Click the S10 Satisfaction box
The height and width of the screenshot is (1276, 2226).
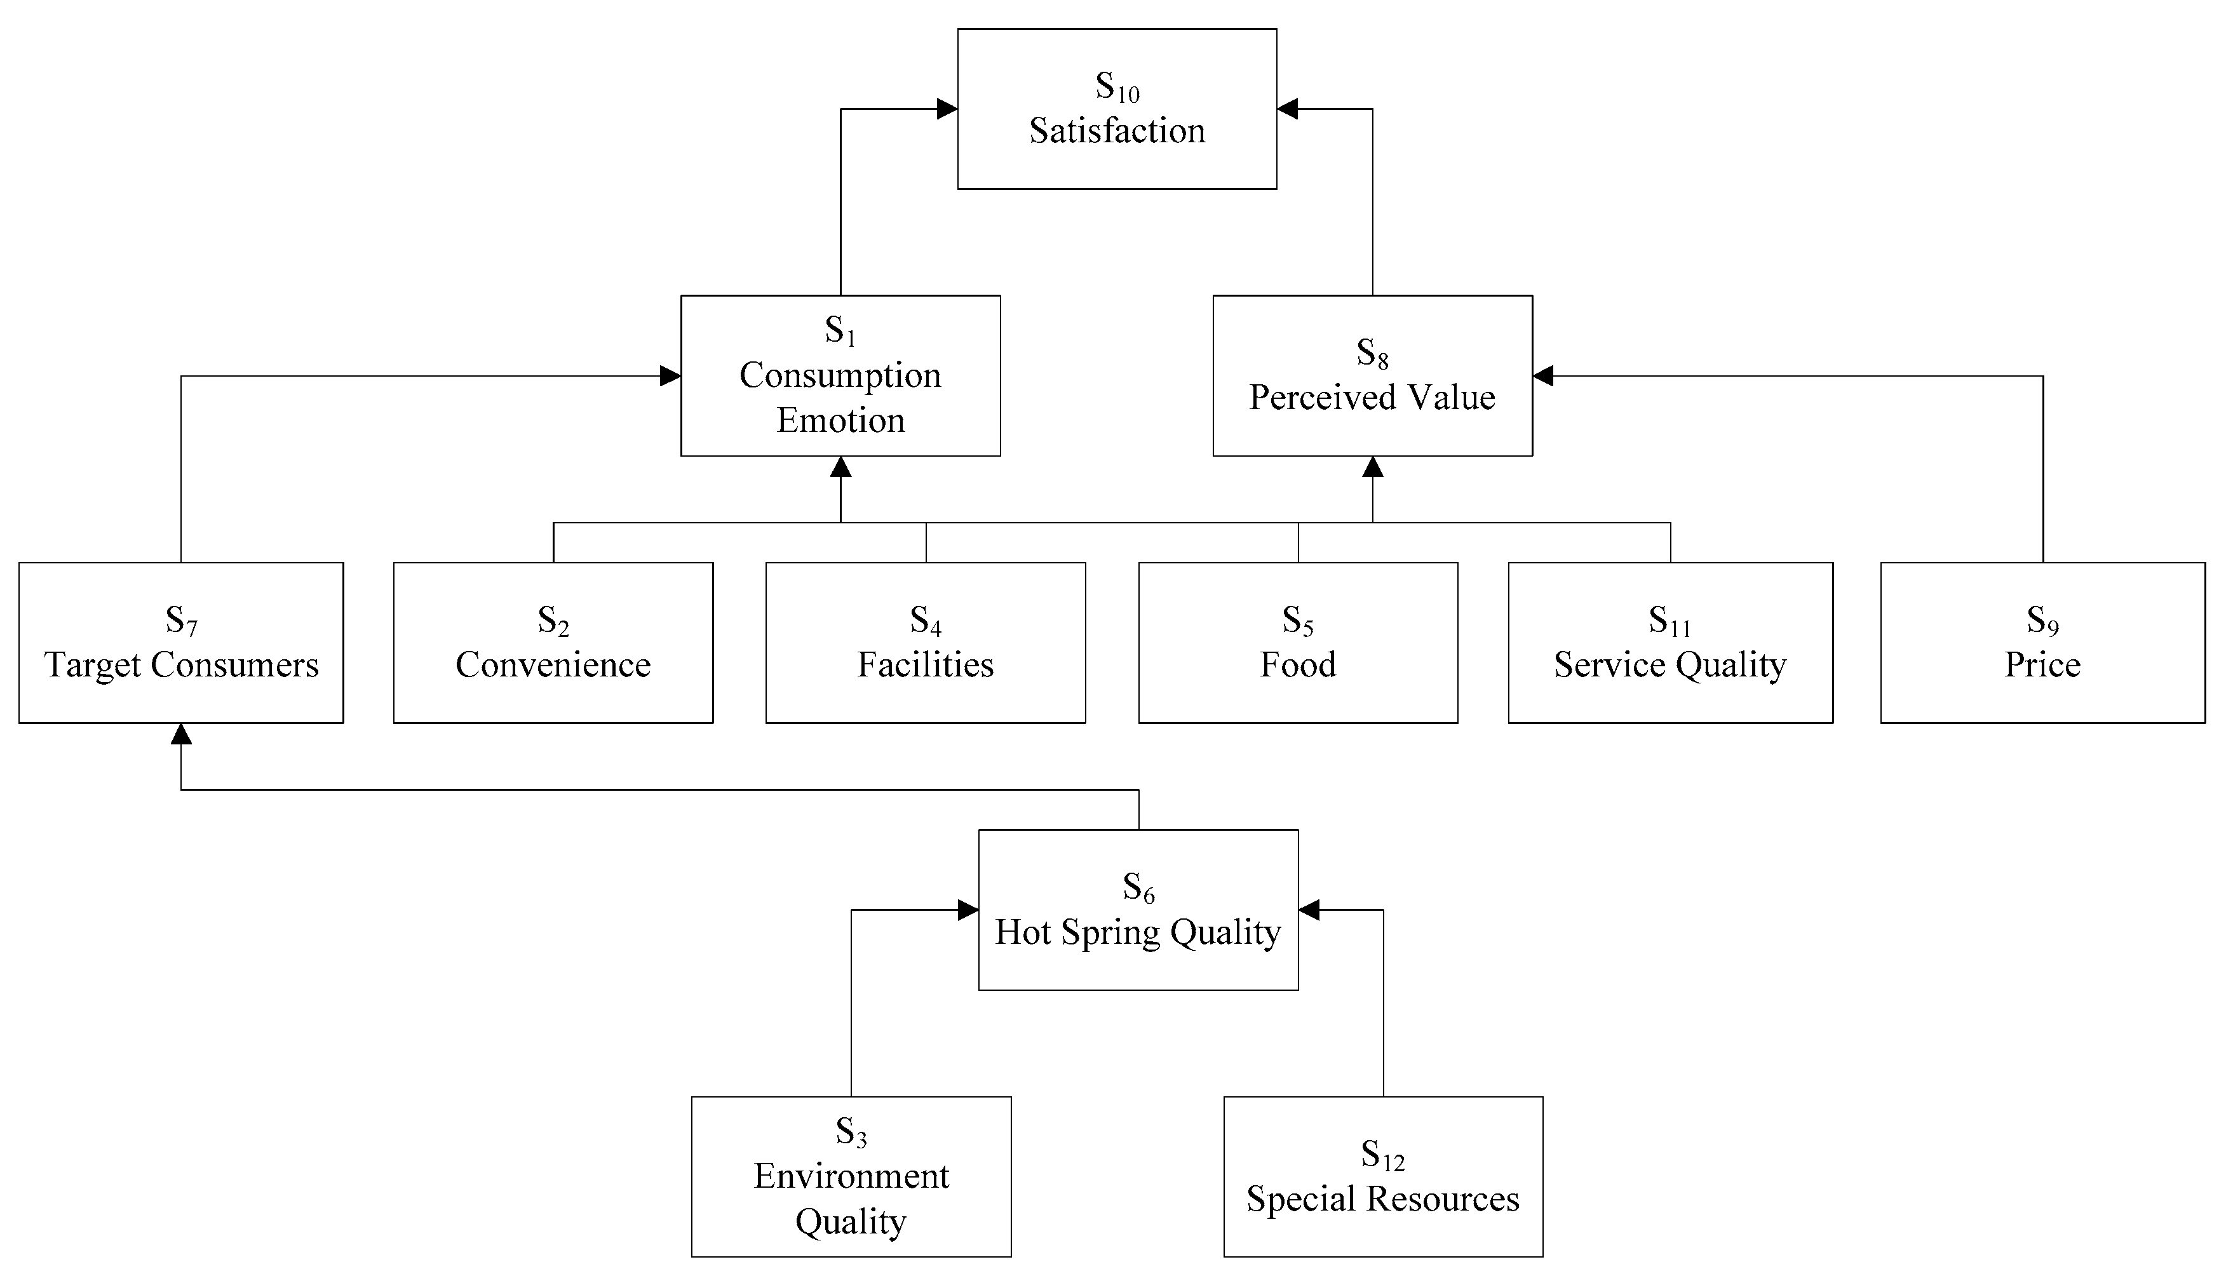click(x=1117, y=109)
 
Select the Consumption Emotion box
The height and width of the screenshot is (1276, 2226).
click(x=840, y=375)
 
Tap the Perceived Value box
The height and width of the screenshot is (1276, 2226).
click(x=1372, y=375)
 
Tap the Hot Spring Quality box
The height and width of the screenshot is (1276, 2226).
click(x=1138, y=910)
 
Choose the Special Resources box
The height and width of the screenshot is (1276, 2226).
click(x=1382, y=1176)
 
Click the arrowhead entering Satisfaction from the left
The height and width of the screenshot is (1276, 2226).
click(x=947, y=109)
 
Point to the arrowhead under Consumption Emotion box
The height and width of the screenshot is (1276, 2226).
click(x=840, y=467)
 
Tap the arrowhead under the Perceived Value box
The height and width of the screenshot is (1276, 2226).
click(x=1372, y=467)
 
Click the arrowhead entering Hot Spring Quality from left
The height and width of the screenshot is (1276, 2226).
click(x=968, y=910)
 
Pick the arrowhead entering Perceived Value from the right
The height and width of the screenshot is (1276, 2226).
click(x=1543, y=376)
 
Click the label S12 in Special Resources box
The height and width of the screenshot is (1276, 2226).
click(x=1382, y=1155)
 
